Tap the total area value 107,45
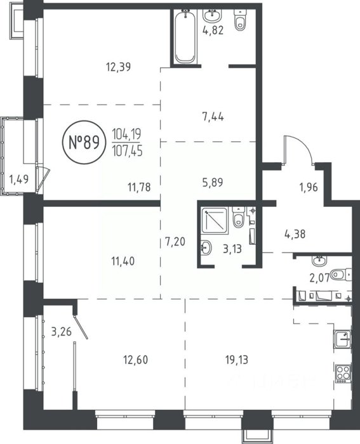click(127, 152)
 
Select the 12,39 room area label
click(118, 67)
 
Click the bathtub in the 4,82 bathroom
click(185, 36)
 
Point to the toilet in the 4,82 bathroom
click(240, 20)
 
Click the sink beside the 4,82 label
click(212, 16)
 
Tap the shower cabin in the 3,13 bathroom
click(215, 220)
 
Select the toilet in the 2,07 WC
click(342, 275)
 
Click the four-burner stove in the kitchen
click(343, 373)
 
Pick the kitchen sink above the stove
click(343, 339)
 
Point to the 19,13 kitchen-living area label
click(237, 360)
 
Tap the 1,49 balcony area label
click(18, 180)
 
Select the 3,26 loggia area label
click(61, 331)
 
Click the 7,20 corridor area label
click(175, 242)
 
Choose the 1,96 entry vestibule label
click(309, 187)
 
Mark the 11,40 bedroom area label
click(123, 261)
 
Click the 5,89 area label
click(213, 183)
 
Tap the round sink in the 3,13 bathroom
click(206, 247)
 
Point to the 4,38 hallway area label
click(295, 234)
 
